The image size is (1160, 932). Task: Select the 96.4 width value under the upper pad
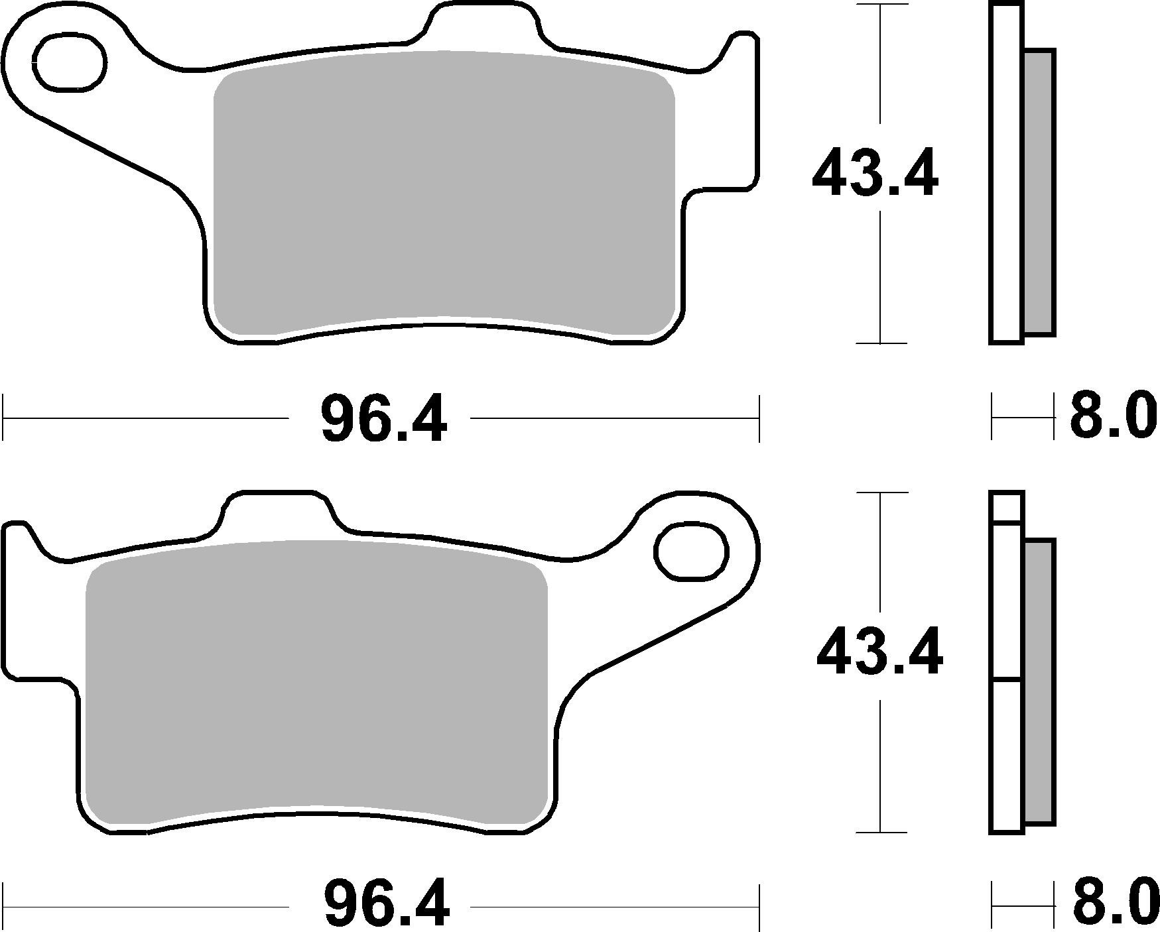tap(383, 419)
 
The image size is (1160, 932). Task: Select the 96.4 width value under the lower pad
tap(386, 905)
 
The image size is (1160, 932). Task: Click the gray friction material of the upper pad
tap(443, 192)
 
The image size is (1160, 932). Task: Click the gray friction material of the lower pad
tap(317, 683)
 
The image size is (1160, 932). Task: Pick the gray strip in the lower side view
tap(1039, 683)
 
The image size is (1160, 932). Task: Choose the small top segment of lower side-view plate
tap(1007, 507)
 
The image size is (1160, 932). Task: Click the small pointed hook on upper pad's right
tap(740, 50)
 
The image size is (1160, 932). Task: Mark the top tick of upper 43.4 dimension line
tap(879, 5)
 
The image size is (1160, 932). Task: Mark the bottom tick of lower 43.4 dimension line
tap(879, 833)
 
